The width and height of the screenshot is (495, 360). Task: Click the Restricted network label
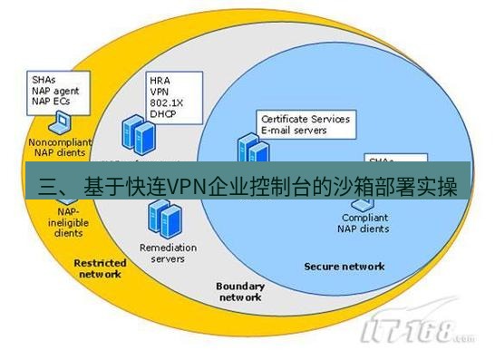(x=99, y=268)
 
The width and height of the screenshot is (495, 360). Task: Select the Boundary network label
(x=240, y=291)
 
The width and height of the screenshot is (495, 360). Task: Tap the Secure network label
(x=344, y=267)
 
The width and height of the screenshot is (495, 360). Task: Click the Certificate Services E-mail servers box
(x=305, y=124)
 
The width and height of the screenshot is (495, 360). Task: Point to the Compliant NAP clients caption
(x=365, y=223)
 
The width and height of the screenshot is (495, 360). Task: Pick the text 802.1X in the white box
(x=166, y=102)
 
